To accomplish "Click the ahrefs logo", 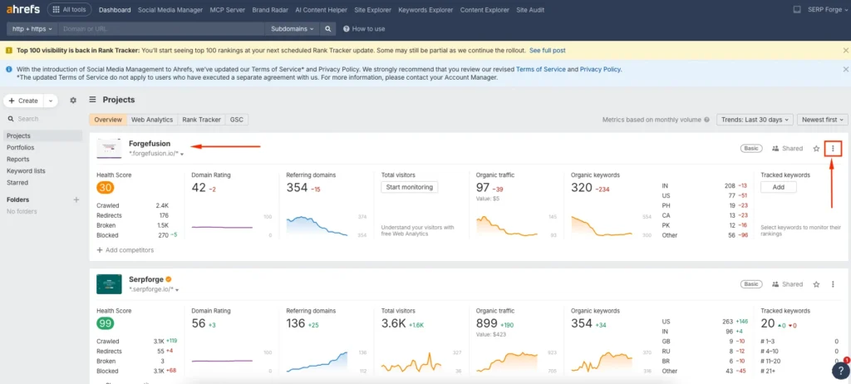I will click(x=22, y=9).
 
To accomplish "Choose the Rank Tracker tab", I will click(x=201, y=120).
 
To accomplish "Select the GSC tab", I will click(x=237, y=120).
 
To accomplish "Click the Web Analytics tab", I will click(x=152, y=120).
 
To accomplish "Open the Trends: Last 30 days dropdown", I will click(x=755, y=120).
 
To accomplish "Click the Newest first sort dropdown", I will click(x=821, y=120).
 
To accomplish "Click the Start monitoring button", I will click(x=409, y=187).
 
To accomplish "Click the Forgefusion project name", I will click(x=150, y=144).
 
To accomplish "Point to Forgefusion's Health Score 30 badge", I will click(x=106, y=188).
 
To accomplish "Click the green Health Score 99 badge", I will click(x=106, y=323).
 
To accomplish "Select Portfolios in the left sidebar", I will click(x=21, y=147).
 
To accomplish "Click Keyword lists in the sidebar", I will click(x=26, y=170).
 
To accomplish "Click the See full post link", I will click(x=547, y=51).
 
